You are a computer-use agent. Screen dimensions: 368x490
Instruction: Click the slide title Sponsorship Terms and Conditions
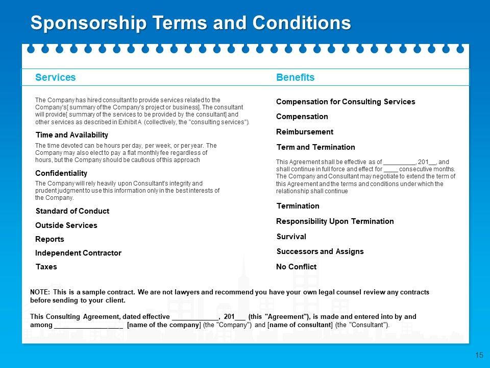[190, 23]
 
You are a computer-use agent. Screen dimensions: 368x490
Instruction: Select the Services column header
[55, 77]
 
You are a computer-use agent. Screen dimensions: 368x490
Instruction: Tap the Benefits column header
[295, 77]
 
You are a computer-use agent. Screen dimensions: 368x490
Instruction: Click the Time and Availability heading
[71, 135]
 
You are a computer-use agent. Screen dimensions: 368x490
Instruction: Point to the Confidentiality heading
[61, 173]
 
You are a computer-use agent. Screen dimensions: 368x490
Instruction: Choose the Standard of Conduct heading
[72, 211]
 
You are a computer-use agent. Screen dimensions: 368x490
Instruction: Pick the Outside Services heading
[66, 225]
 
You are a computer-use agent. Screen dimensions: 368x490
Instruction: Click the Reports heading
[50, 239]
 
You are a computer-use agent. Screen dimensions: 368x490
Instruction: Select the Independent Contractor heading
[78, 253]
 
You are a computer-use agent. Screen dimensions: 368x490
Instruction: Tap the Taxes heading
[46, 267]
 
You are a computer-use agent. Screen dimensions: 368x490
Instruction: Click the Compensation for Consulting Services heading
[346, 102]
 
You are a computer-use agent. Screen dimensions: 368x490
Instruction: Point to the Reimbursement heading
[305, 132]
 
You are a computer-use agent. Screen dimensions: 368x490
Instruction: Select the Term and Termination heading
[315, 147]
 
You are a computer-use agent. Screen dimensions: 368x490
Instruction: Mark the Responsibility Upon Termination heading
[335, 221]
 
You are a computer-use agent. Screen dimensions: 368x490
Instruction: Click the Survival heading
[291, 237]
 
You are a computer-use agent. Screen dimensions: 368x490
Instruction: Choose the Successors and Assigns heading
[320, 251]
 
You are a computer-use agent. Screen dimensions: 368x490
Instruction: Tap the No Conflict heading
[296, 267]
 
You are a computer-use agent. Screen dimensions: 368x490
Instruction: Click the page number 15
[479, 355]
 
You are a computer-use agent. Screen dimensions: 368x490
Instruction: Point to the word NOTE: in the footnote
[40, 292]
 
